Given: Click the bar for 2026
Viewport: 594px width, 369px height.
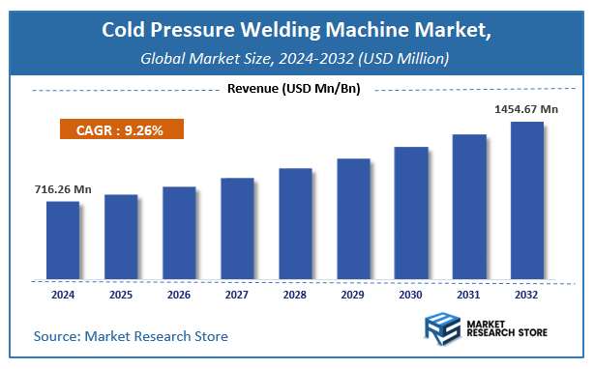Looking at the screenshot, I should point(179,233).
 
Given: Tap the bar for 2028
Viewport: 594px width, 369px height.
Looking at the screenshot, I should point(295,224).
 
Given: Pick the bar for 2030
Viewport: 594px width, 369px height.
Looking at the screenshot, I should point(411,213).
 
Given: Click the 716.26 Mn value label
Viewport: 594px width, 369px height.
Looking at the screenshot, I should point(51,189).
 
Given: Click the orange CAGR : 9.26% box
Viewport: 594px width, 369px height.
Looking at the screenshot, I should point(119,129).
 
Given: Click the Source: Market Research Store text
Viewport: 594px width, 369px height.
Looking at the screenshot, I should point(131,336).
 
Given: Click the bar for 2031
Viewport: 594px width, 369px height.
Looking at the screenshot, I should point(469,207).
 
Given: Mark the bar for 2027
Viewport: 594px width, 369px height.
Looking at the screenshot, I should point(237,229).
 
